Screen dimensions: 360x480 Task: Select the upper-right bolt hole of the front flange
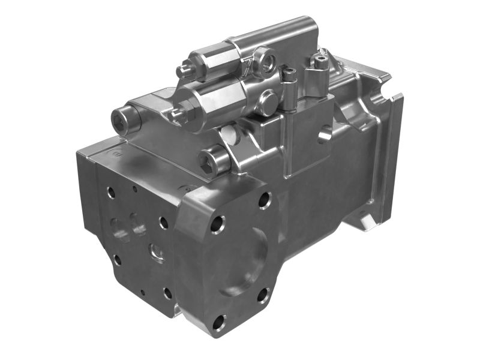tap(265, 200)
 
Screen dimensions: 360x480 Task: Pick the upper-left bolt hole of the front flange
tap(217, 224)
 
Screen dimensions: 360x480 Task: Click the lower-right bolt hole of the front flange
tap(263, 295)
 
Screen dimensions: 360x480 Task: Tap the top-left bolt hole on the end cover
tap(111, 193)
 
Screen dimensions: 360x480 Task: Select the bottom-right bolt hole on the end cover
tap(167, 293)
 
